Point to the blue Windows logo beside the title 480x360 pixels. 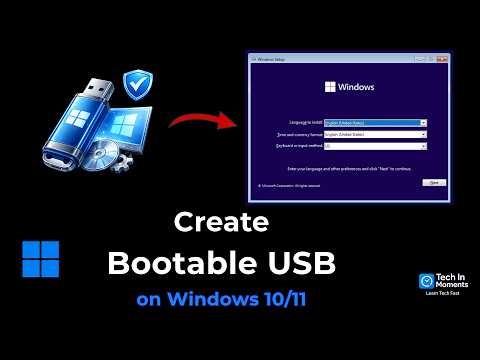[40, 258]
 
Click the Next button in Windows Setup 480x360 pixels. [433, 183]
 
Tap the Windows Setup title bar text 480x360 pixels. [273, 60]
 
